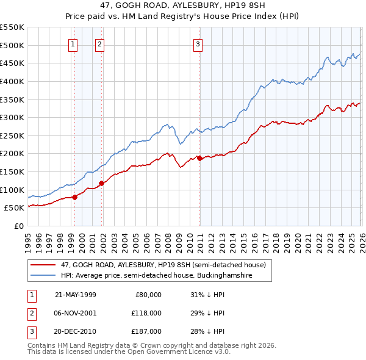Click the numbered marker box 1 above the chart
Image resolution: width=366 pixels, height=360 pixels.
tap(73, 43)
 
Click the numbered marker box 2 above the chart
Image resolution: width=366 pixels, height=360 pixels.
tap(99, 43)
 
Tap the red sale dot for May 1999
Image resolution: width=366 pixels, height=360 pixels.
tap(74, 196)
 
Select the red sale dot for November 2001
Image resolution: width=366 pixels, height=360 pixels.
tap(101, 182)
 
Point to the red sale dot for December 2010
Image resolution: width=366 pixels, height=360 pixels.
tap(200, 158)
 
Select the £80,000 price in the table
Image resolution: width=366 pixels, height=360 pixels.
tap(147, 295)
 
